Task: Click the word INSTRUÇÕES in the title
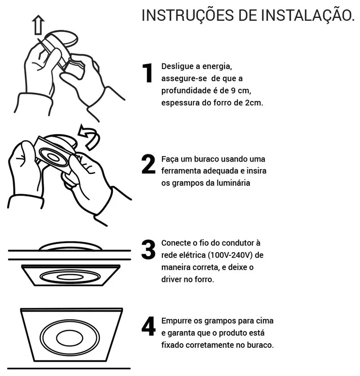187,15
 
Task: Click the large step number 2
148,164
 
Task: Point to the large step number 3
148,249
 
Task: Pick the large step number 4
148,326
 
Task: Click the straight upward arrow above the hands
38,25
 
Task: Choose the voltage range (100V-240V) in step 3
230,255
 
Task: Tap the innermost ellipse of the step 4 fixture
69,338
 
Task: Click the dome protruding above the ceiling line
71,243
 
